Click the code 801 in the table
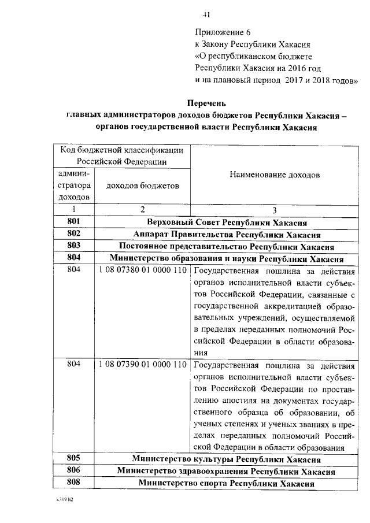click(x=73, y=222)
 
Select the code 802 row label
click(x=73, y=234)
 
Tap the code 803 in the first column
click(x=73, y=246)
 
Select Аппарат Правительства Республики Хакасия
click(x=227, y=234)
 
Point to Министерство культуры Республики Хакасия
click(x=227, y=459)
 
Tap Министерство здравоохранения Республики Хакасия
click(x=227, y=472)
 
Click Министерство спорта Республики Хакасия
click(x=227, y=483)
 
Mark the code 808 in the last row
click(x=73, y=483)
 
